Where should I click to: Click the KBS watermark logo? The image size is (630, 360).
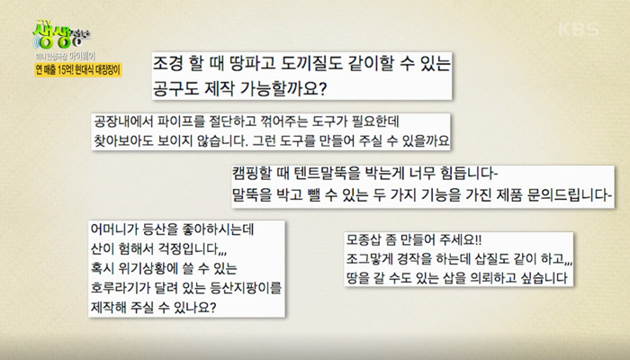tap(578, 30)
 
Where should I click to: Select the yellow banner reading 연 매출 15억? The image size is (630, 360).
tap(78, 70)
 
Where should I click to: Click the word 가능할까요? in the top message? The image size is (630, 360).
tap(283, 88)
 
